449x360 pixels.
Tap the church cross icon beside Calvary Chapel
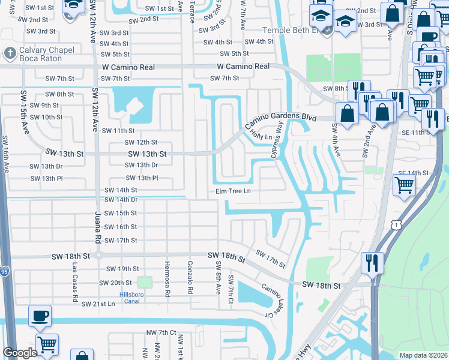[x=9, y=53]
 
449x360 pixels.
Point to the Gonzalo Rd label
[x=190, y=281]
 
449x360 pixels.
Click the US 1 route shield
[x=395, y=224]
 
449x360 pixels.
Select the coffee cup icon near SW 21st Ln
[x=40, y=316]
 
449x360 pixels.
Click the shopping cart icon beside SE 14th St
[x=404, y=185]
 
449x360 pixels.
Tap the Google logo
[x=20, y=353]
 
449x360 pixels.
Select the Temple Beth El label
[x=292, y=30]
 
